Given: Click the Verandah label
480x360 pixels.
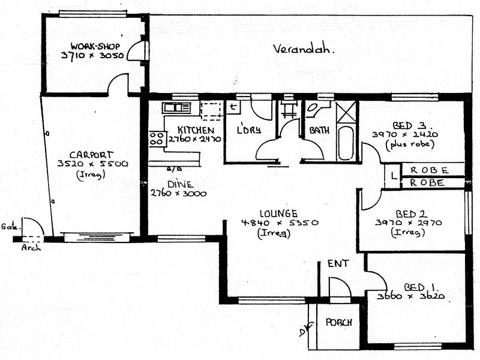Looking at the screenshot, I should (x=303, y=49).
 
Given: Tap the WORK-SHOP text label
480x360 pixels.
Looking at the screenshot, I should (x=95, y=46).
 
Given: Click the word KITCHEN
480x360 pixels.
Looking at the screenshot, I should (x=196, y=130).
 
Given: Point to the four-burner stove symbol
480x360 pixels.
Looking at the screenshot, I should (x=157, y=139).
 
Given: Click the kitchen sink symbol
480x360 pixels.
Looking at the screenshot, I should (x=176, y=108).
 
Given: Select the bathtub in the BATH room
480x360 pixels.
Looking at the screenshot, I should (x=346, y=142).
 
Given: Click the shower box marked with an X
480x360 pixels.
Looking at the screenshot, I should (x=346, y=113).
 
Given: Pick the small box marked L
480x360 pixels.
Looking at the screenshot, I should (x=392, y=176).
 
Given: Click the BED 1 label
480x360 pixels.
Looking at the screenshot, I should (x=410, y=287).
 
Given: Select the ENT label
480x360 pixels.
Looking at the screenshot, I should (x=337, y=263).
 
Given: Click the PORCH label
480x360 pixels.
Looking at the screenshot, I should (x=338, y=322).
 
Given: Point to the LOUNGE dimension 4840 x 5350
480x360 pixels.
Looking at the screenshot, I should (x=279, y=223).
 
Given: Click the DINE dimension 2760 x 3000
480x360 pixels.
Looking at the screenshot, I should (x=178, y=194).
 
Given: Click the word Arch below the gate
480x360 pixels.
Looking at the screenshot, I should (x=31, y=247).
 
